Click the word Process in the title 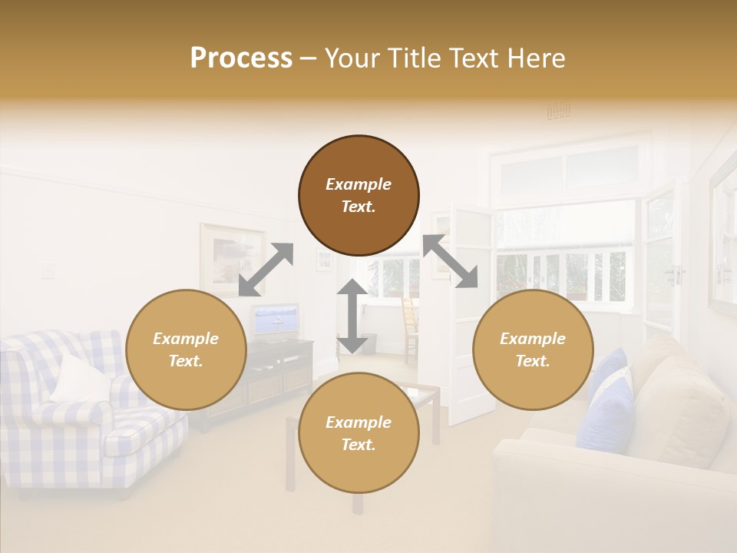coord(241,58)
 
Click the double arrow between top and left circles coord(266,270)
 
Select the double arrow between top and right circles coord(450,261)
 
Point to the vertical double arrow coord(352,316)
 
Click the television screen coord(275,321)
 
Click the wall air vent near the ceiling coord(558,112)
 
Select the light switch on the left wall coord(49,270)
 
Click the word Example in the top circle coord(359,184)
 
